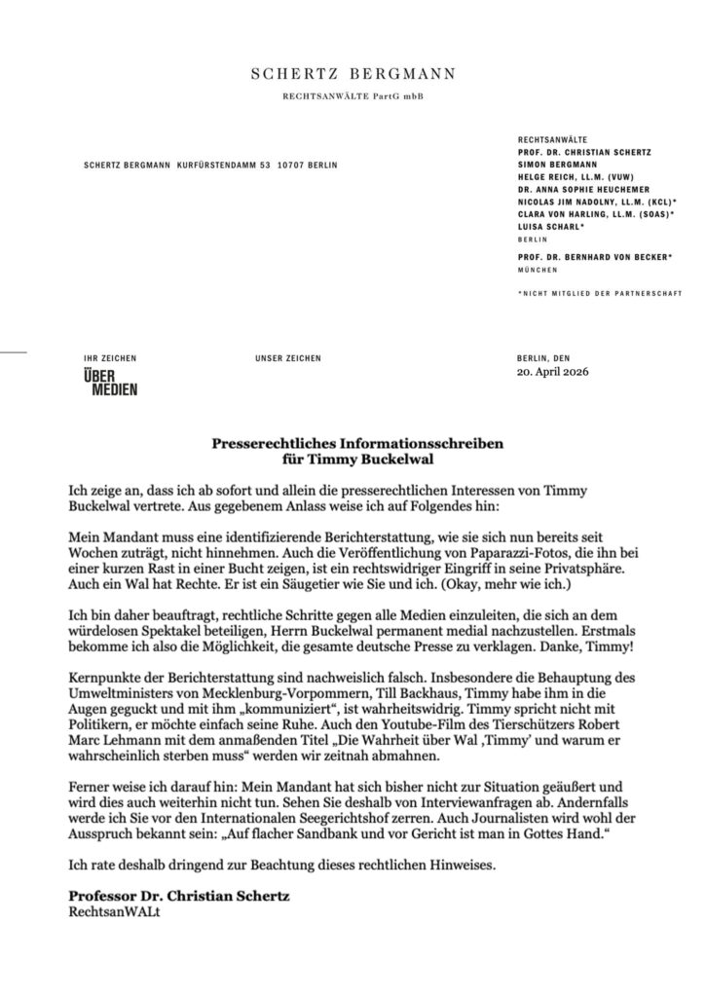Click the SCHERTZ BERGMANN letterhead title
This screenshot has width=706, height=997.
click(x=353, y=74)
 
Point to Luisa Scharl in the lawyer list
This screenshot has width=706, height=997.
click(x=550, y=226)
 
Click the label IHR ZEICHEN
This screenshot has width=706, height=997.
click(x=110, y=358)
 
